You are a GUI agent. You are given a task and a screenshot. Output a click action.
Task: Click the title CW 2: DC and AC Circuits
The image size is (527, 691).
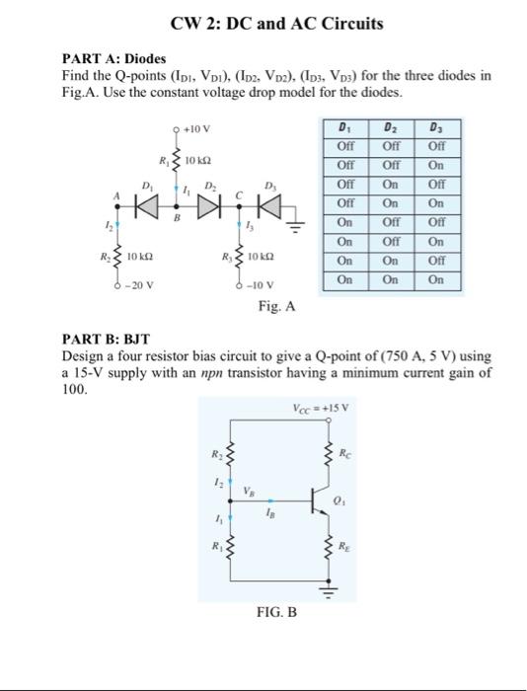(263, 24)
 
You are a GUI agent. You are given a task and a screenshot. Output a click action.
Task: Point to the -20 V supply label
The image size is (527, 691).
(127, 286)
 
